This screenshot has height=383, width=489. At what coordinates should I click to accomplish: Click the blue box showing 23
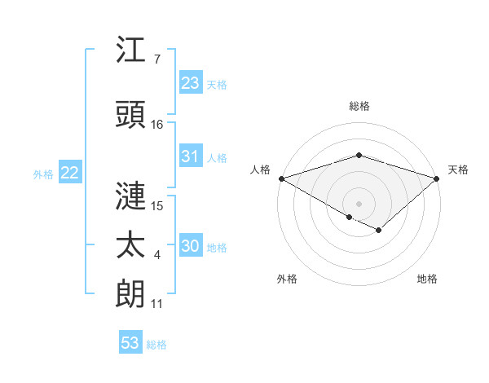[190, 82]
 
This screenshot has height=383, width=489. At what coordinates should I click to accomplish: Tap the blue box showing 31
[190, 156]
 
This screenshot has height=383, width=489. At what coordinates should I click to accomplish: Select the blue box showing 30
[190, 246]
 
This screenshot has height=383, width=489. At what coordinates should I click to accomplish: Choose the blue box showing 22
[69, 173]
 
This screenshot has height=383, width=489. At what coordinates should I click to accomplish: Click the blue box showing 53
[130, 343]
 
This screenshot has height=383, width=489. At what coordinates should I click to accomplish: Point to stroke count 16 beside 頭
[157, 125]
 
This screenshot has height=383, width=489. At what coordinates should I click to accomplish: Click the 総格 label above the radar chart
[359, 106]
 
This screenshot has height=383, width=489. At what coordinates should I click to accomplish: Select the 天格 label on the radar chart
[458, 169]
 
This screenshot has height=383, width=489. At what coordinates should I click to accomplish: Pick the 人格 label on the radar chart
[261, 169]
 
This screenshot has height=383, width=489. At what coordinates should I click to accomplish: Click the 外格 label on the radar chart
[287, 279]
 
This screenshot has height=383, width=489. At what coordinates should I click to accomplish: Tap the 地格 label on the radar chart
[427, 279]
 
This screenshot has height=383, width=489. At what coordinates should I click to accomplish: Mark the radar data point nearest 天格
[437, 178]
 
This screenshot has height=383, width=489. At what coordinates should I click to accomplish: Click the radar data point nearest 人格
[281, 178]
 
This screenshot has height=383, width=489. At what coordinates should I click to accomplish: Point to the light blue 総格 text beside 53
[156, 345]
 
